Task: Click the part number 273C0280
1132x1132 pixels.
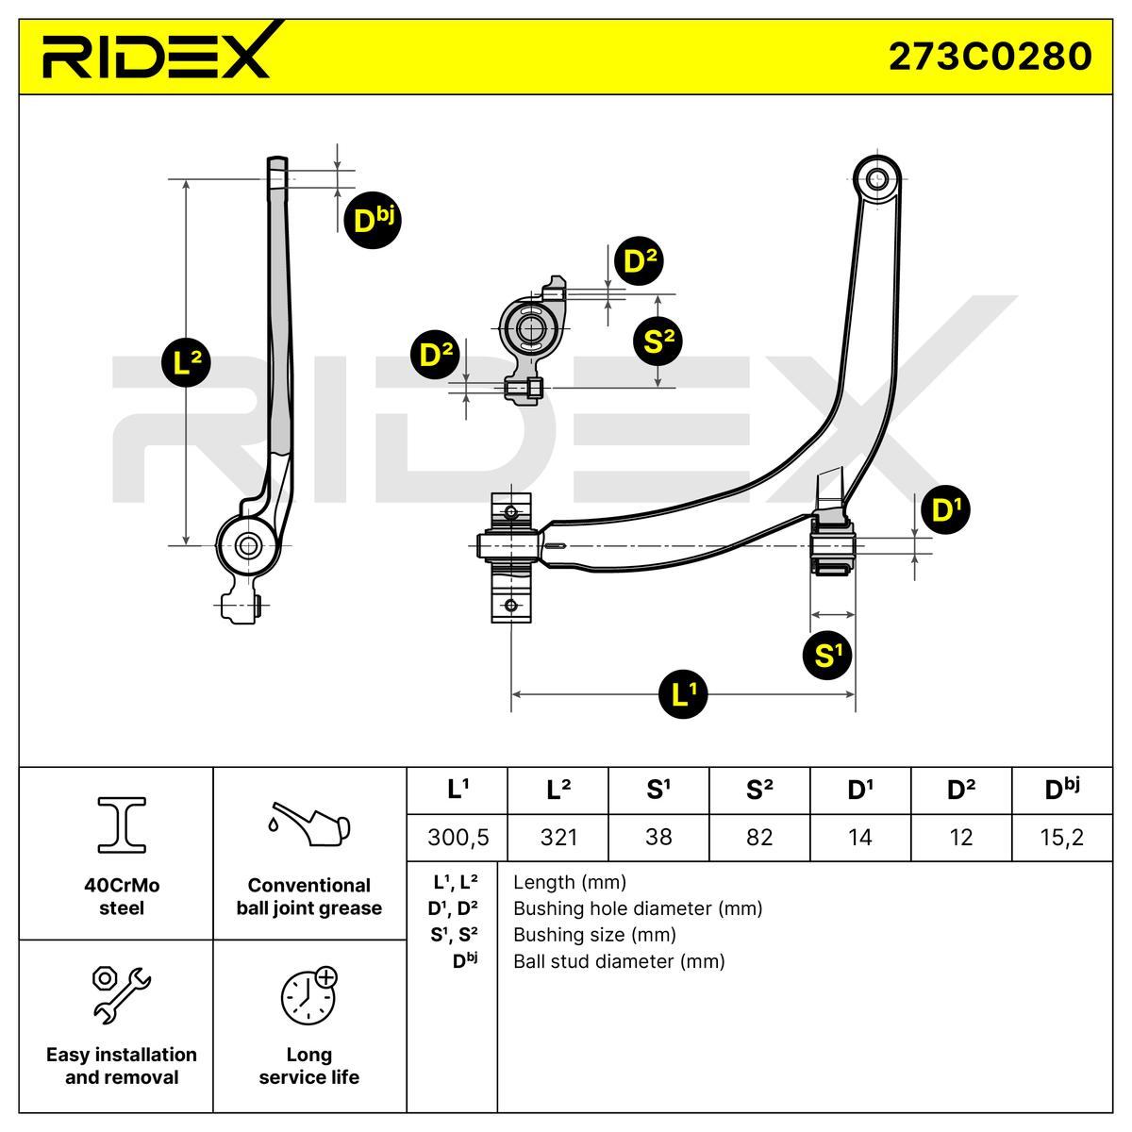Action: [990, 56]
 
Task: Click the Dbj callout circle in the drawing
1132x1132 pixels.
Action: [371, 220]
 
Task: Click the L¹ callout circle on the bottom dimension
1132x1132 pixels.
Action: [684, 694]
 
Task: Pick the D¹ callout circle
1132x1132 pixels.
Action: [944, 510]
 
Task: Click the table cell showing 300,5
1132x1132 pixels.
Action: [457, 837]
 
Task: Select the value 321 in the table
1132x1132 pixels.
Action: [558, 837]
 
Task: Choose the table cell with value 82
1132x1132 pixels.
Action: [759, 837]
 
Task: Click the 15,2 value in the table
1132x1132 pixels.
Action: [1062, 837]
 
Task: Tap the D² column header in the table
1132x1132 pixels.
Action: [960, 791]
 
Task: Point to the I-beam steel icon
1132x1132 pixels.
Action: [122, 824]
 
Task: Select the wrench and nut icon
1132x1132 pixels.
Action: [121, 993]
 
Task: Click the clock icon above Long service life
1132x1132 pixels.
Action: [308, 995]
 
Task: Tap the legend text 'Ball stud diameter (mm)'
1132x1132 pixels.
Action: [619, 961]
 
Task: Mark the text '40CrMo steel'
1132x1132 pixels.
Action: [122, 897]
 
